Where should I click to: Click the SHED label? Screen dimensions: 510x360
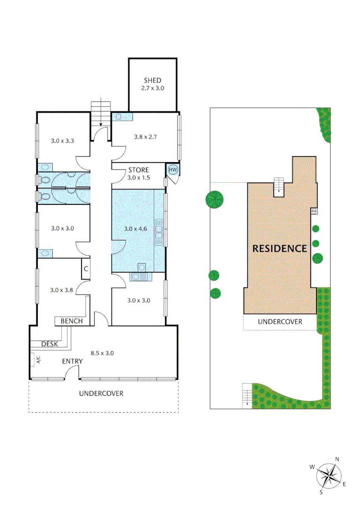pos(152,80)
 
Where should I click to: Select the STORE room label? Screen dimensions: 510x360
pos(138,170)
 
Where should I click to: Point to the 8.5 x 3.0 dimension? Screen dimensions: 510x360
pos(102,352)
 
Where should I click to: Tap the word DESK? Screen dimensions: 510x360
pos(49,344)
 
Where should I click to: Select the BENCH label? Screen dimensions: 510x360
pos(72,321)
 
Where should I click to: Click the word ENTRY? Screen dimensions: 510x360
pos(72,361)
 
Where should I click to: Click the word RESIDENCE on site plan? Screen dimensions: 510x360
pos(280,248)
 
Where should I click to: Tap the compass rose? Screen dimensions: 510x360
pos(329,476)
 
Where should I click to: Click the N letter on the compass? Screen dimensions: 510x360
pos(337,459)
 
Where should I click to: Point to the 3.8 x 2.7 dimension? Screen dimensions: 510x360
pos(145,136)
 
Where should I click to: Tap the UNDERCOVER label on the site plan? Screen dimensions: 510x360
pos(280,322)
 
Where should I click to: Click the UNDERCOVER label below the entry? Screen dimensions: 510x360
pos(101,393)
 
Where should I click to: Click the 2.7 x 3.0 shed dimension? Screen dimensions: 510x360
pos(152,88)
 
